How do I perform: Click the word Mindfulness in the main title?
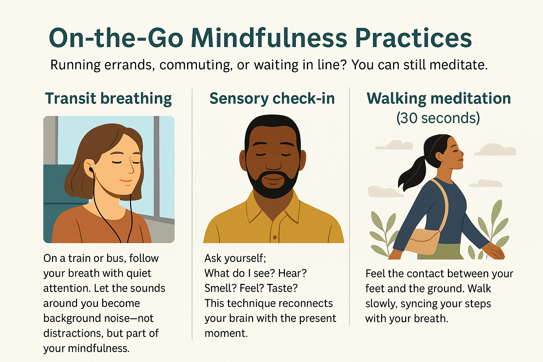pyautogui.click(x=269, y=38)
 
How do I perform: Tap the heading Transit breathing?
pyautogui.click(x=109, y=99)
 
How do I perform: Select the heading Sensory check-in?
pyautogui.click(x=272, y=98)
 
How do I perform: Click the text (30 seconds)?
pyautogui.click(x=438, y=118)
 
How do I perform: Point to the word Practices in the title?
pyautogui.click(x=414, y=38)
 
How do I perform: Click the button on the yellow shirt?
pyautogui.click(x=275, y=237)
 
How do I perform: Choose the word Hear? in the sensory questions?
pyautogui.click(x=292, y=273)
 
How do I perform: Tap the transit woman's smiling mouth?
pyautogui.click(x=125, y=181)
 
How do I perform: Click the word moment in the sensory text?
pyautogui.click(x=226, y=333)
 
